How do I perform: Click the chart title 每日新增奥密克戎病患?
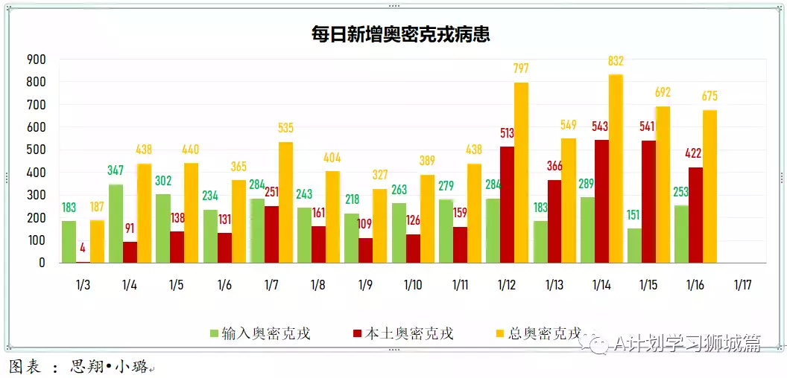(400, 34)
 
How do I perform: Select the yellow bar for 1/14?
(616, 168)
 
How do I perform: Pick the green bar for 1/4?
(116, 223)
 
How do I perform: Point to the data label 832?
(616, 61)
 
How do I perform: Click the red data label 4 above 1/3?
(82, 248)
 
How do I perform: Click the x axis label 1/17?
(742, 285)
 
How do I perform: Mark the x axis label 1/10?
(413, 285)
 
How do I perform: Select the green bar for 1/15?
(634, 246)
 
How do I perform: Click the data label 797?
(521, 68)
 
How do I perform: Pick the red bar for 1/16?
(695, 215)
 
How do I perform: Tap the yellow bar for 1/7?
(285, 202)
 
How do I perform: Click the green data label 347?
(115, 170)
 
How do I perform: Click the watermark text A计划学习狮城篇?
(686, 343)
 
